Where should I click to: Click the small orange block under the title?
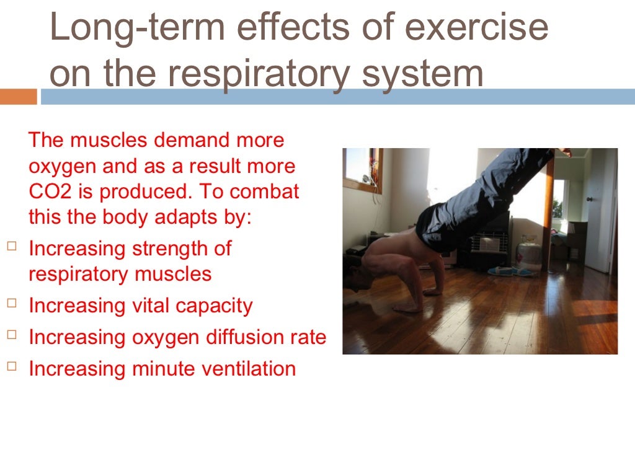click(x=19, y=97)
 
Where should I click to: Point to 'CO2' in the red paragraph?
click(x=47, y=192)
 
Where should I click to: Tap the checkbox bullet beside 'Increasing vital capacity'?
click(x=12, y=302)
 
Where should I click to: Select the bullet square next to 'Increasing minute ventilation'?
click(x=12, y=366)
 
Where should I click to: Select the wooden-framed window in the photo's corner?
click(x=362, y=169)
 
